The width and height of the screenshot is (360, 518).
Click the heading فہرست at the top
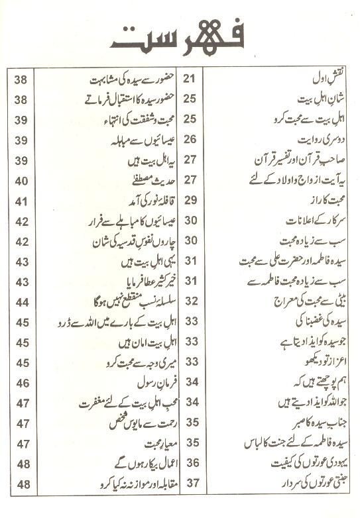coord(180,38)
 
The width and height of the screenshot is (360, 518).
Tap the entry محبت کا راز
coord(325,199)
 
